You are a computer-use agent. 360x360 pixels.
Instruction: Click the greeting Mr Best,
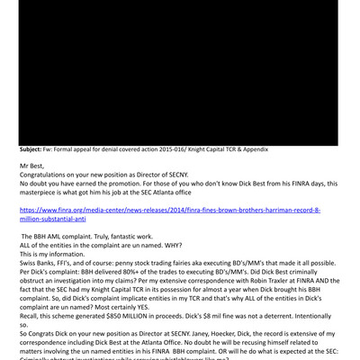click(x=34, y=166)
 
